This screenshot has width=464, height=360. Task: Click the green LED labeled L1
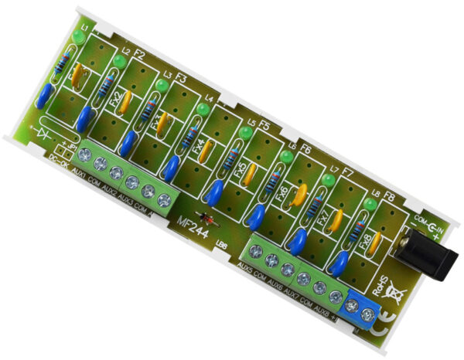pos(79,37)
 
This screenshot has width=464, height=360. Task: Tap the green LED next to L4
pos(203,111)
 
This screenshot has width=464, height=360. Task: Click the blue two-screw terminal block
pos(362,307)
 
